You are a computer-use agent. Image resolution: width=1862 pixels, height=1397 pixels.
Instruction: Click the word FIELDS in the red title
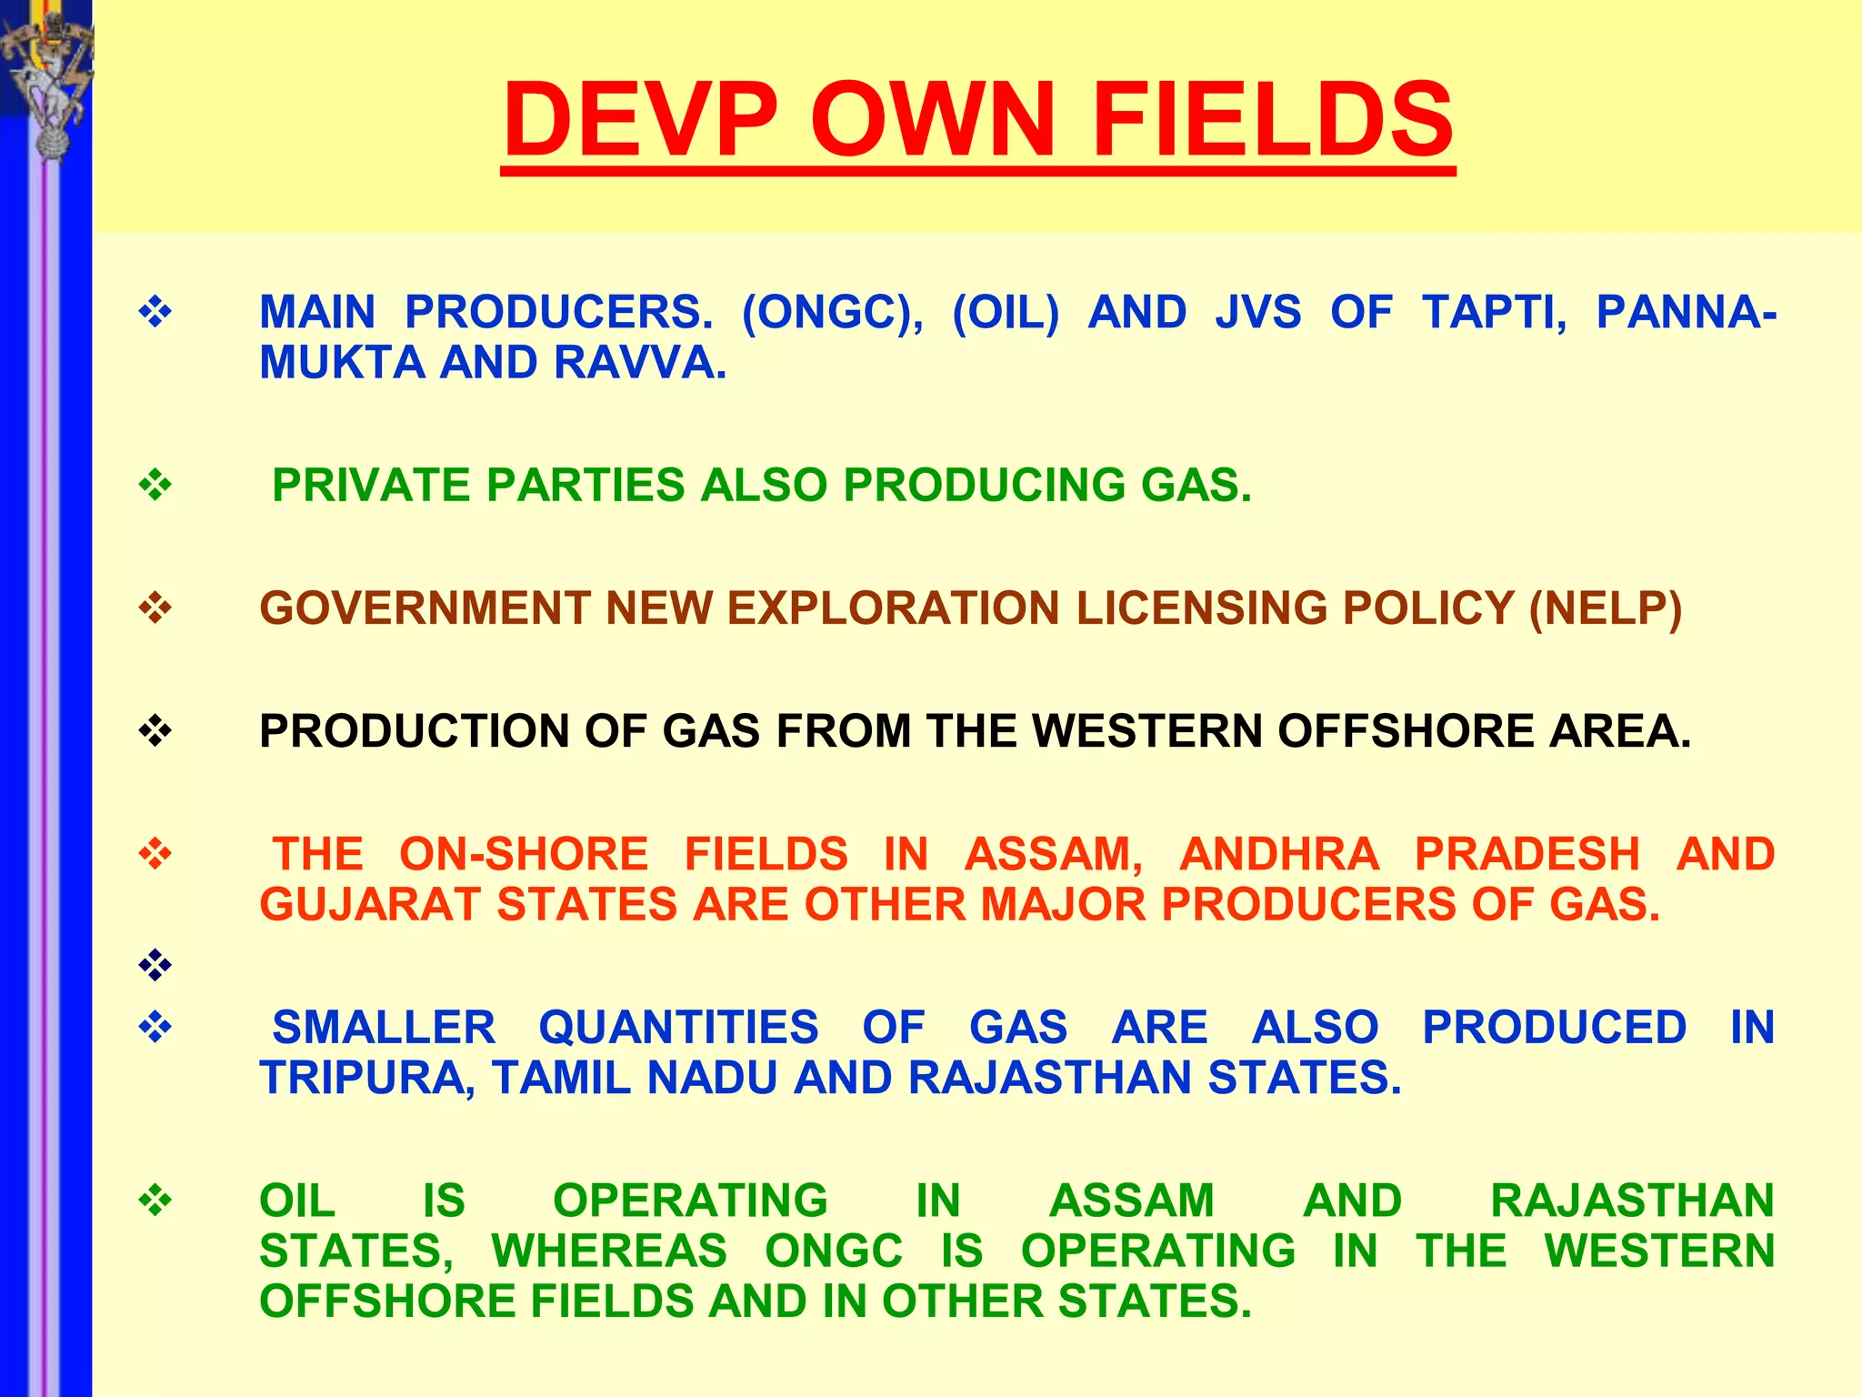pos(1272,119)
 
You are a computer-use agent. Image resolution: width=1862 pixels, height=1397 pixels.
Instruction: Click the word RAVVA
pos(640,363)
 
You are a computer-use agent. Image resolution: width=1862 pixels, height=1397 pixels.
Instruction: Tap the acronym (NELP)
pos(1606,608)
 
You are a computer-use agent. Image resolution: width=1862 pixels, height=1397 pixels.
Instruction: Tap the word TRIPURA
pos(367,1079)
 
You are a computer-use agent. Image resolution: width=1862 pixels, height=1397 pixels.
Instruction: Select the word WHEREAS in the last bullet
pos(609,1251)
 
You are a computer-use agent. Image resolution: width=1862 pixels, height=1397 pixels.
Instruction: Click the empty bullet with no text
pos(155,964)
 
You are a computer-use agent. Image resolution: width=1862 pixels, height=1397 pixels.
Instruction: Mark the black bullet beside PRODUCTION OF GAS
pos(155,730)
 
